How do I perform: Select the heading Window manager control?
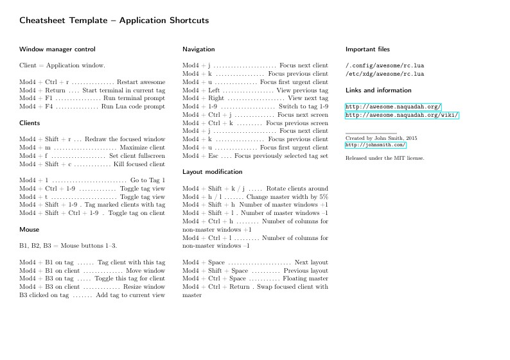click(57, 49)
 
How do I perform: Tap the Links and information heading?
click(378, 90)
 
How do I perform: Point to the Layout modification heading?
click(212, 172)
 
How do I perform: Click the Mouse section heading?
click(29, 229)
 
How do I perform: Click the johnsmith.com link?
click(376, 145)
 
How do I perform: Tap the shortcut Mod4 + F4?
click(36, 107)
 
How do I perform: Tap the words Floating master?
click(305, 279)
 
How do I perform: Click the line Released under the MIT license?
click(385, 157)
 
